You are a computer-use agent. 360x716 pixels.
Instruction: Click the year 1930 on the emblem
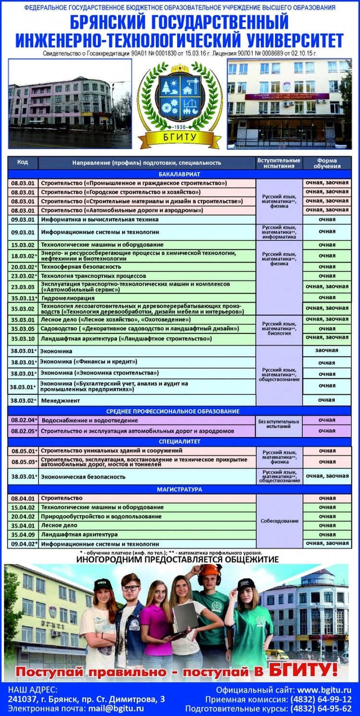point(180,127)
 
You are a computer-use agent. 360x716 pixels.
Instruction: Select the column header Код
point(23,162)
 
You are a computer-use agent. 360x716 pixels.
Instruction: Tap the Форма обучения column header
point(327,163)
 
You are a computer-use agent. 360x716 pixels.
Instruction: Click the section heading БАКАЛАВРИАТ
point(180,174)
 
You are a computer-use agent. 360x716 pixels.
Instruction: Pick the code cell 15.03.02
point(23,245)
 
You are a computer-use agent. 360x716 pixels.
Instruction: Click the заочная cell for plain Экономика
point(327,351)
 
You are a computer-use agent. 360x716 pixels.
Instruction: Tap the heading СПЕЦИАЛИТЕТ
point(180,441)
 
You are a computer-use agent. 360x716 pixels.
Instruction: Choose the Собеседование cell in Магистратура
point(279,521)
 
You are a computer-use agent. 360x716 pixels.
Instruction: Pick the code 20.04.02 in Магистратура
point(23,516)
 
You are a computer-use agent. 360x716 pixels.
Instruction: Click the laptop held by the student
point(185,617)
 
